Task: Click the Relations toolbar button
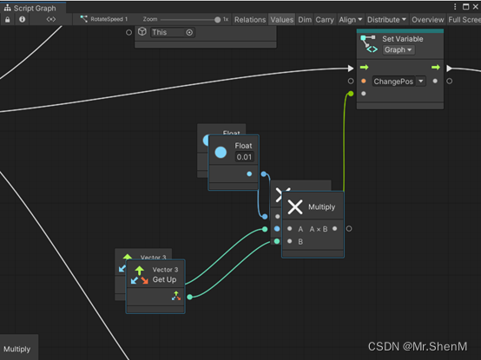click(x=250, y=20)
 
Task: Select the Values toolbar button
click(x=281, y=20)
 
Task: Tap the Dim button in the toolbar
click(x=305, y=20)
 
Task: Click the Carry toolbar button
click(x=325, y=20)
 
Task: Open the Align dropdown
click(x=350, y=20)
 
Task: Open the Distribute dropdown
click(x=386, y=20)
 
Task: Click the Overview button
click(x=428, y=20)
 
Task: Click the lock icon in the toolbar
click(x=8, y=19)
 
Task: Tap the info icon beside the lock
click(x=22, y=19)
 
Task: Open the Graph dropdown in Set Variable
click(x=399, y=49)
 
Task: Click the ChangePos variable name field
click(x=393, y=82)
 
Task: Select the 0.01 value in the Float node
click(x=244, y=157)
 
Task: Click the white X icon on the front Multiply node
click(x=295, y=206)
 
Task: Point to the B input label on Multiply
click(x=300, y=242)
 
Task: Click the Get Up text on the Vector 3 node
click(x=164, y=279)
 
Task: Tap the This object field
click(x=173, y=32)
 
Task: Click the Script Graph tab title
click(x=35, y=9)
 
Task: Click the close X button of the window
click(x=476, y=6)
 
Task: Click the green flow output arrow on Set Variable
click(x=436, y=68)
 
